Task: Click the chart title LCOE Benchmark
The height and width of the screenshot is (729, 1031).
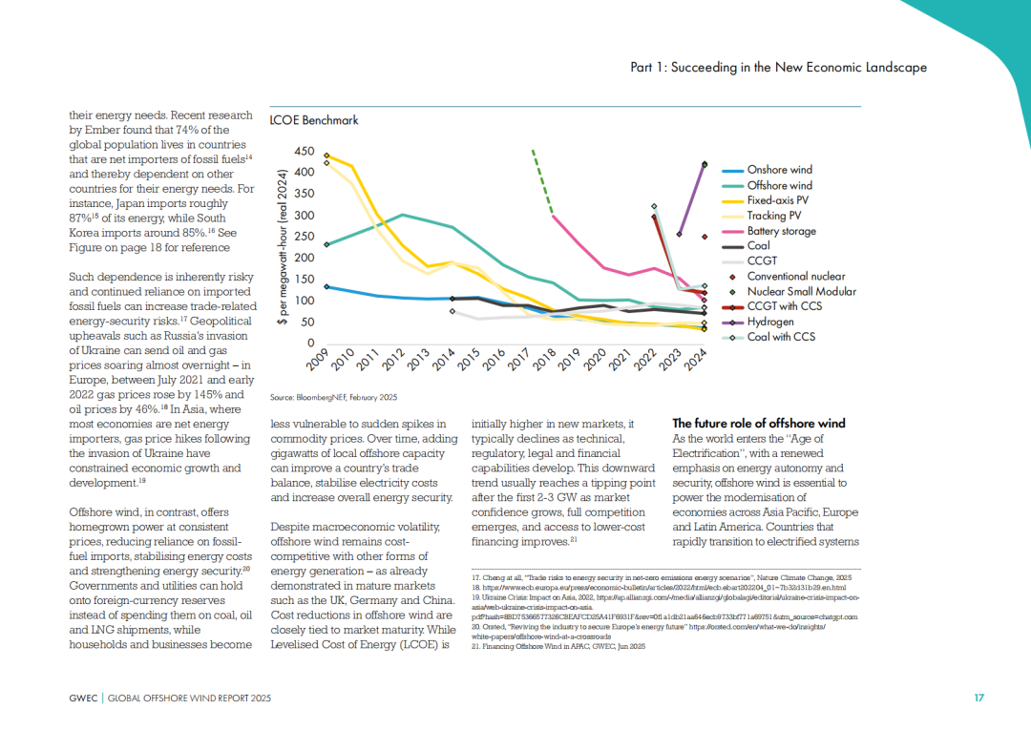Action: click(314, 120)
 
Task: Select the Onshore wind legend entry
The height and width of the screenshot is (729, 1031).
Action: click(779, 170)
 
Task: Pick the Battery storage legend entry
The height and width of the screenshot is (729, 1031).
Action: click(781, 231)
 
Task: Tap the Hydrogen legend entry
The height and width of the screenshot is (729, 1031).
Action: click(770, 322)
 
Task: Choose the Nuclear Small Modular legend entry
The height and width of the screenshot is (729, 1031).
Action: click(801, 291)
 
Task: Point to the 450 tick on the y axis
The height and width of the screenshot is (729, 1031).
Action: click(304, 152)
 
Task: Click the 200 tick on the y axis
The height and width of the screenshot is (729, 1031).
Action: click(304, 258)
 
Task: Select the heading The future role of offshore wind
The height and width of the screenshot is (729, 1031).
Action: click(759, 424)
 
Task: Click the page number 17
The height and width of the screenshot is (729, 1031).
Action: click(978, 698)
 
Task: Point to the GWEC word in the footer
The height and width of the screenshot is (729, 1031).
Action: click(82, 698)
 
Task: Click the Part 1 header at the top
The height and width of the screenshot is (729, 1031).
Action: click(779, 68)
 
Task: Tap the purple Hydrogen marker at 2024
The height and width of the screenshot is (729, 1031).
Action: click(705, 164)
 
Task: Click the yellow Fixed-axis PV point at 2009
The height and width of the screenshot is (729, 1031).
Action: click(326, 156)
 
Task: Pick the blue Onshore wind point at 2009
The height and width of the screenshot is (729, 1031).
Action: click(326, 286)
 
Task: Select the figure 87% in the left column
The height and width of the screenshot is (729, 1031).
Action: click(83, 218)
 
